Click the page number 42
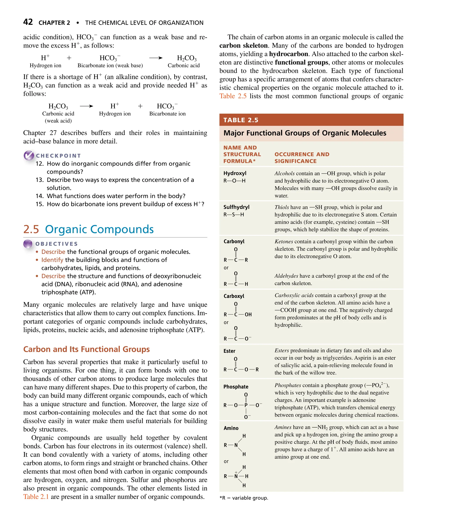tap(28, 22)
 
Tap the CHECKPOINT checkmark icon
tap(29, 155)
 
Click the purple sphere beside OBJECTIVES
tap(28, 244)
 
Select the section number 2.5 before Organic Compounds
tap(31, 229)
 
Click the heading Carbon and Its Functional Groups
tap(86, 349)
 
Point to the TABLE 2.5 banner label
tap(241, 120)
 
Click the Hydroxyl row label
tap(235, 173)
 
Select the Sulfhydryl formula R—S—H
tap(233, 214)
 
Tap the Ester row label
tap(229, 351)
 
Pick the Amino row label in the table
tap(231, 428)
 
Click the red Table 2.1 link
tap(36, 497)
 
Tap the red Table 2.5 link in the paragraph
tap(233, 96)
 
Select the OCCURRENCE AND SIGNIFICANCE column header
tap(302, 158)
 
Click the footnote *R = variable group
tap(244, 498)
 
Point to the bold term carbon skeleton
tap(243, 46)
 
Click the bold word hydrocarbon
tap(288, 54)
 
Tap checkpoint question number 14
tap(39, 196)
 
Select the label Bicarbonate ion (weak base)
tap(110, 65)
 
